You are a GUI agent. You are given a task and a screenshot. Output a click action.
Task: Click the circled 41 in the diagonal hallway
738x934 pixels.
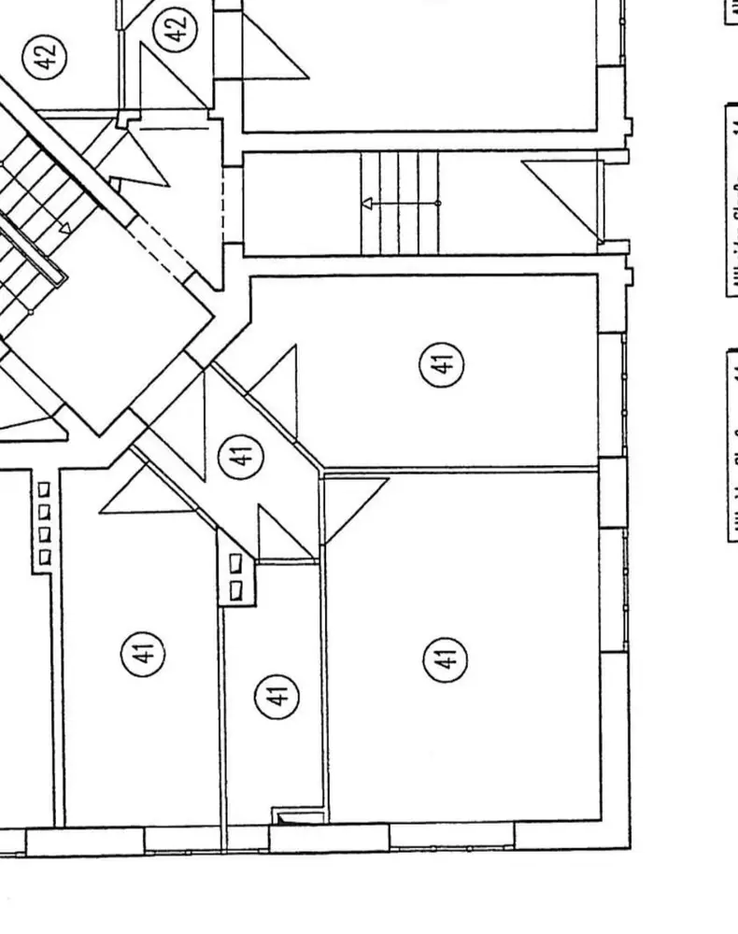pyautogui.click(x=241, y=456)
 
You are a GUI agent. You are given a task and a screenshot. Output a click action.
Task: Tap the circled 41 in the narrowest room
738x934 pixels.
pyautogui.click(x=277, y=695)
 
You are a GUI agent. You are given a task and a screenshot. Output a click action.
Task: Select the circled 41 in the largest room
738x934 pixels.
pyautogui.click(x=447, y=660)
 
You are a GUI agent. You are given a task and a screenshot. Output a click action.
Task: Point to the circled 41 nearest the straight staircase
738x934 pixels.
pyautogui.click(x=444, y=361)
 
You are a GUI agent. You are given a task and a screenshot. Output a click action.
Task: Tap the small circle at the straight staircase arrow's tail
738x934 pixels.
pyautogui.click(x=438, y=203)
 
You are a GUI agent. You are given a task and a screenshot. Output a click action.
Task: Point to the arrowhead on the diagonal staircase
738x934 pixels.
pyautogui.click(x=65, y=227)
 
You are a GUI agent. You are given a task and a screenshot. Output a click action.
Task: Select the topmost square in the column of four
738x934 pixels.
pyautogui.click(x=44, y=488)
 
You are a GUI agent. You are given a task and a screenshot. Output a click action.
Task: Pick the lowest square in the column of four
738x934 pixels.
pyautogui.click(x=44, y=558)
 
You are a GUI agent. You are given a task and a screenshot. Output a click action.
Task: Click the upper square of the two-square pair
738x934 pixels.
pyautogui.click(x=235, y=562)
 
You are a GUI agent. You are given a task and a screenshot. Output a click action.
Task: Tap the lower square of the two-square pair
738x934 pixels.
pyautogui.click(x=235, y=589)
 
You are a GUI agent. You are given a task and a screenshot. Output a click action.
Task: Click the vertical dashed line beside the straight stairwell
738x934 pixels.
pyautogui.click(x=223, y=201)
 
